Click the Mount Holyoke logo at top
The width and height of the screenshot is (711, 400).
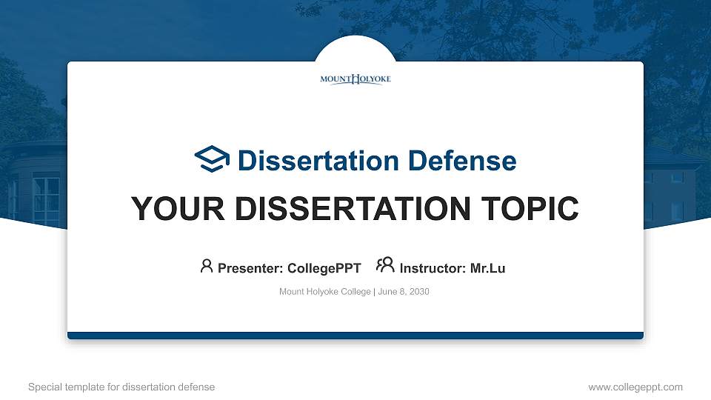coord(355,79)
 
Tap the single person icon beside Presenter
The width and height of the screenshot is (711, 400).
coord(207,266)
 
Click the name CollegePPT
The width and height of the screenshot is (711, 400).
coord(324,268)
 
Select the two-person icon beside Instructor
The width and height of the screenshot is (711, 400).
coord(385,266)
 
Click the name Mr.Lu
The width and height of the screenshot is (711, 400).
coord(487,268)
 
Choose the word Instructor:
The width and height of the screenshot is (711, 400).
coord(433,268)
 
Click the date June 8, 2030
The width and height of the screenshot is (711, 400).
coord(404,292)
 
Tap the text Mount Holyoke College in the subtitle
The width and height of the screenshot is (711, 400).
coord(324,292)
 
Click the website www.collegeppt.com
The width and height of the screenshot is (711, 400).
coord(635,387)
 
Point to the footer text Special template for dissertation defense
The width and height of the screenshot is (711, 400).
coord(121,387)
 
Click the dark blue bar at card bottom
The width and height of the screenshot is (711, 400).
coord(355,336)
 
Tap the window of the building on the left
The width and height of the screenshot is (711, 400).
coord(46,199)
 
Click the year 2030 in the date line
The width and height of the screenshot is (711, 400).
coord(418,292)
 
